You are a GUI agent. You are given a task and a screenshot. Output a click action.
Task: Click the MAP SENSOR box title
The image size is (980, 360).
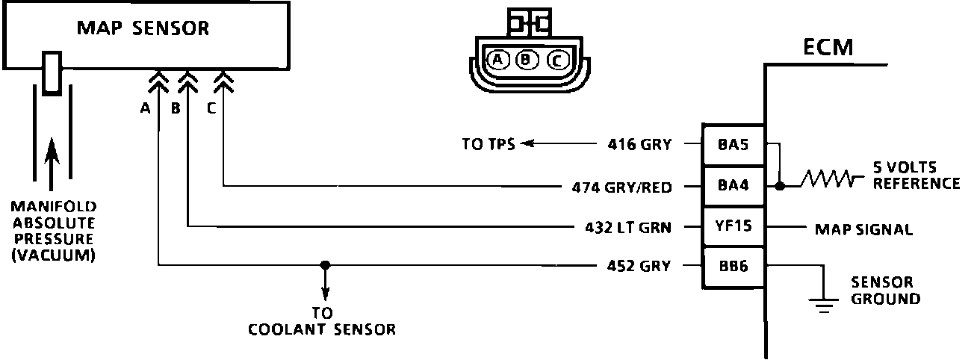coord(143,29)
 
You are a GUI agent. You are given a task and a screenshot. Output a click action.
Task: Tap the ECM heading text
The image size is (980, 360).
coord(828,49)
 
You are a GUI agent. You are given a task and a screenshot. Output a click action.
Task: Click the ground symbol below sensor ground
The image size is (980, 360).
coord(823,304)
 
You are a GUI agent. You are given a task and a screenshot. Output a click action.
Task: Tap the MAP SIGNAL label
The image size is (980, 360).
coord(863,229)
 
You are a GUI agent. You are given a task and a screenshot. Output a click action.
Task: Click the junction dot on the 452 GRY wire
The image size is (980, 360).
coord(324,264)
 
